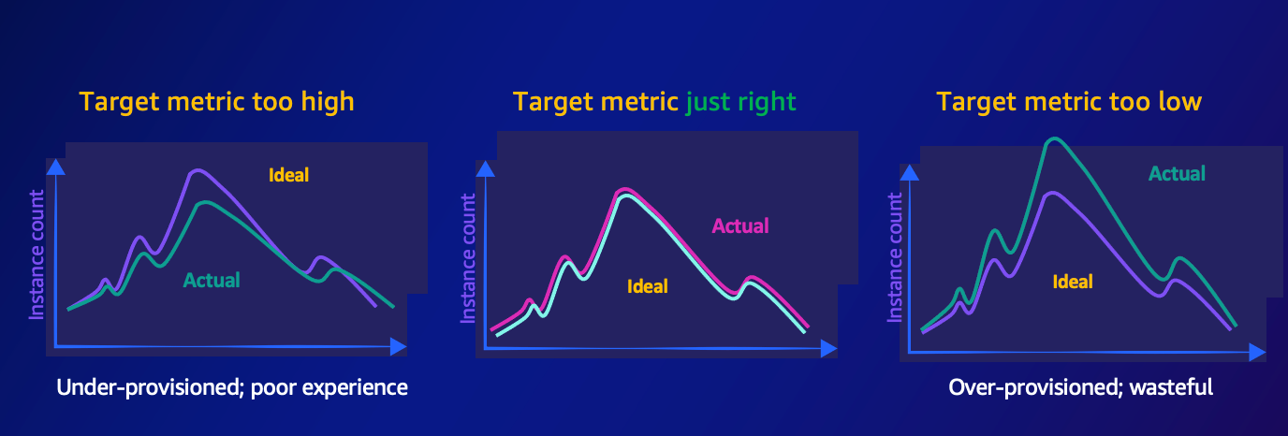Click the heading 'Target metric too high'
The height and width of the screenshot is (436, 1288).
point(216,102)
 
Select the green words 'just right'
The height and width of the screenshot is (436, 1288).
point(740,103)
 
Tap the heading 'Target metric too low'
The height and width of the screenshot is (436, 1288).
point(1069,102)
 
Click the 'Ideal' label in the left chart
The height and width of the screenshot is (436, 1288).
point(288,175)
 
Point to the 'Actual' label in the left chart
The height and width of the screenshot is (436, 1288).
point(212,281)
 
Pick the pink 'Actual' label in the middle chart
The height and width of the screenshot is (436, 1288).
point(740,226)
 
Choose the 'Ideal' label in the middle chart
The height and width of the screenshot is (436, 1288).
point(648,286)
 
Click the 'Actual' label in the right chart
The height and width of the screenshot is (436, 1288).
point(1177,173)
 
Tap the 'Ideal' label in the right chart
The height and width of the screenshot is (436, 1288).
point(1073,282)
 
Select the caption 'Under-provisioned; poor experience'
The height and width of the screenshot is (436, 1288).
point(232,387)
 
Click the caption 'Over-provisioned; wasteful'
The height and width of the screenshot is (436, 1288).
point(1081,387)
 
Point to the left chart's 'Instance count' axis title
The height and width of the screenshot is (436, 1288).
point(37,254)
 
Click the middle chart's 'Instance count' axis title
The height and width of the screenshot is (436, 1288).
point(468,258)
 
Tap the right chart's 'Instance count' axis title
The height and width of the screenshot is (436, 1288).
point(895,257)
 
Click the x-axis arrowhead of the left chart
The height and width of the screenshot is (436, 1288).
point(399,346)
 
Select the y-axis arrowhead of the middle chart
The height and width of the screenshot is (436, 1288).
point(485,169)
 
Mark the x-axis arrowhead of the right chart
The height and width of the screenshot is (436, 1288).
point(1257,352)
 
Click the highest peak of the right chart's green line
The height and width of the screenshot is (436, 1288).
point(1054,138)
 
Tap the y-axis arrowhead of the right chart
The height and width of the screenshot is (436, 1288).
point(909,172)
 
